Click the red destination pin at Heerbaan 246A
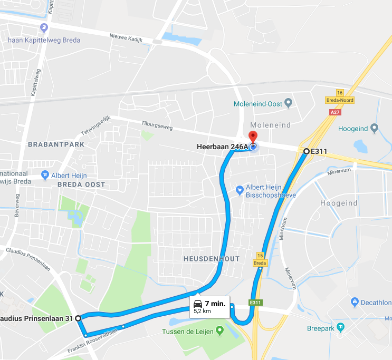252,136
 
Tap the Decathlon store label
376,303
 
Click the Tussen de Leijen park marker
220,331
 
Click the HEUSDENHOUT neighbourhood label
212,259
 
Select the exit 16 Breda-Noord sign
339,97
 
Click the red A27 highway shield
334,112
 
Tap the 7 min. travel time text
215,304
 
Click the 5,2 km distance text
203,312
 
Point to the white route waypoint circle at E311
307,151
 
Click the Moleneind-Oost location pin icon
288,103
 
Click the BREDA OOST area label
81,184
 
